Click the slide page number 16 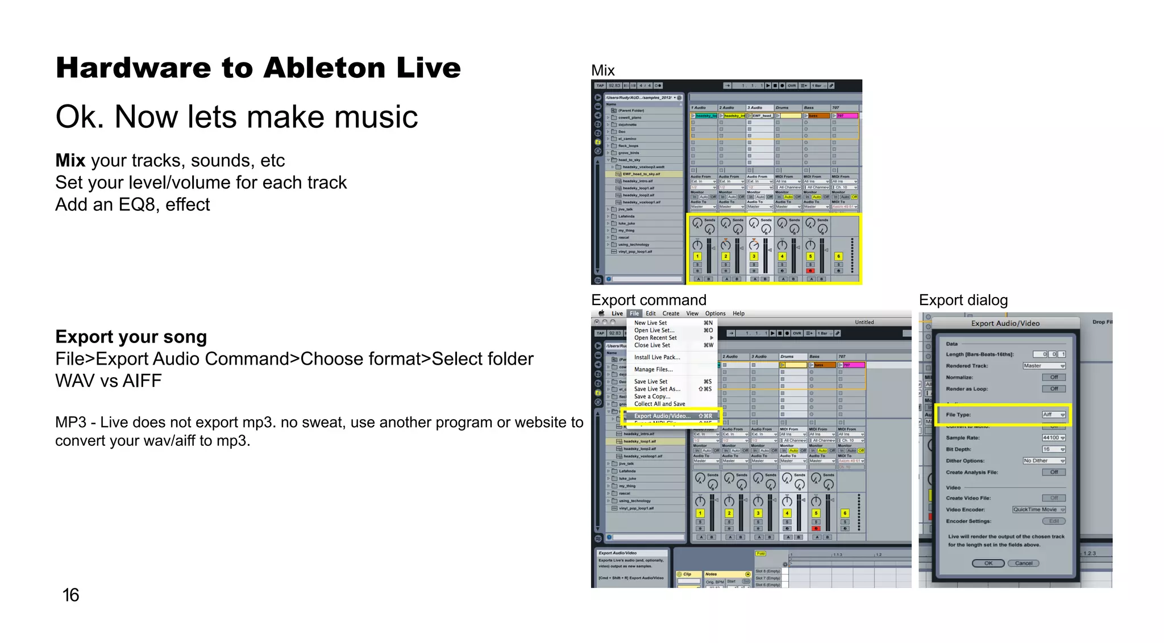tap(70, 595)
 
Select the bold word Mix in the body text tap(70, 161)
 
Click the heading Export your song tap(131, 337)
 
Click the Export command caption tap(648, 300)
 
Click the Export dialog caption tap(963, 300)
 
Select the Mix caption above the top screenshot tap(602, 70)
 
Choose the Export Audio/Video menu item tap(662, 416)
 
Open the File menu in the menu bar tap(634, 314)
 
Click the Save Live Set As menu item tap(657, 389)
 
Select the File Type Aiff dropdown tap(1053, 415)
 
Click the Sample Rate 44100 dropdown tap(1053, 438)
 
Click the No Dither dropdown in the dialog tap(1044, 461)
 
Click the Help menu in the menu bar tap(738, 314)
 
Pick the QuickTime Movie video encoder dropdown tap(1038, 510)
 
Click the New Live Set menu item tap(650, 323)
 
